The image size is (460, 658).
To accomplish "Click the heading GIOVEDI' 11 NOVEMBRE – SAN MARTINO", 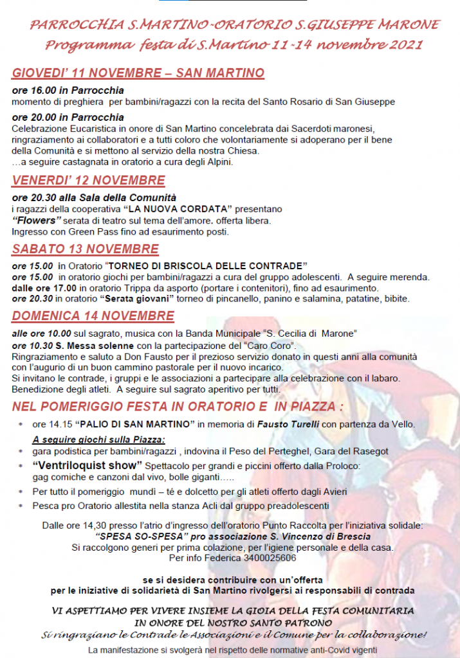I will (x=138, y=73).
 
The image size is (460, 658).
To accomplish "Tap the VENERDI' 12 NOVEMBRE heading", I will (x=88, y=181).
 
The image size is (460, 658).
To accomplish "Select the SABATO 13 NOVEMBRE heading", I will (x=85, y=249).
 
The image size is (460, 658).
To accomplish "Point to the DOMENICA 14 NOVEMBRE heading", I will (x=93, y=316).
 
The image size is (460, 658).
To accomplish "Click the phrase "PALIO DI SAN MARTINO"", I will (x=136, y=425).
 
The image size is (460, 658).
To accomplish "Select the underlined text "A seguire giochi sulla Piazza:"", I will (x=99, y=440).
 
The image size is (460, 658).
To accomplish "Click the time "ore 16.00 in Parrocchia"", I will (x=68, y=91).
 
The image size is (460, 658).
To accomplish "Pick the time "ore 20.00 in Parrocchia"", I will (x=68, y=118).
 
